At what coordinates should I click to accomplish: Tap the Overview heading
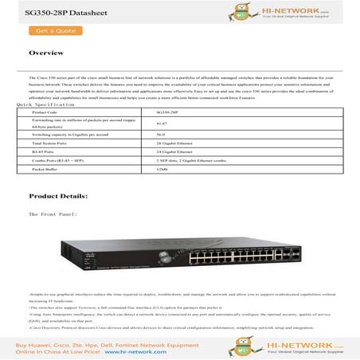click(x=46, y=53)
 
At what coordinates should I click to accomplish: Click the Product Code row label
click(x=45, y=113)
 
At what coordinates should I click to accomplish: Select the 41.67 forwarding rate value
click(x=162, y=124)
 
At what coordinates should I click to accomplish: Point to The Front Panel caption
click(x=53, y=214)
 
